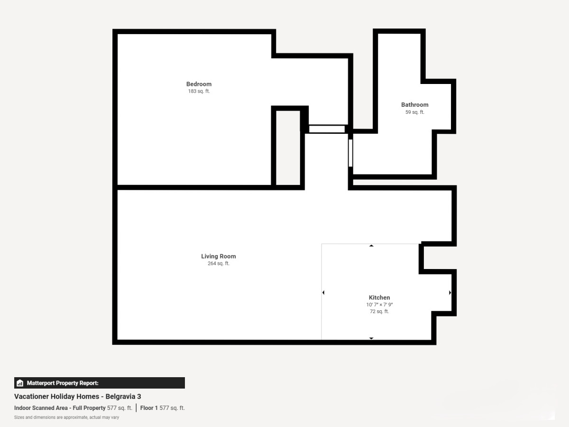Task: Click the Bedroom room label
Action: pyautogui.click(x=199, y=84)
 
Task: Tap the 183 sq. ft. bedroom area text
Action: pyautogui.click(x=199, y=91)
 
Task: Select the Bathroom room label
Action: pyautogui.click(x=415, y=105)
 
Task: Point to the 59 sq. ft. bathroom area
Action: pyautogui.click(x=415, y=112)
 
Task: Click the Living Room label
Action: pyautogui.click(x=219, y=256)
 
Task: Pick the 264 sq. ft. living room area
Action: pyautogui.click(x=219, y=263)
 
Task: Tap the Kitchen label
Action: pyautogui.click(x=379, y=297)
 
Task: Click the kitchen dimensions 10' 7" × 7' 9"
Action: pyautogui.click(x=379, y=305)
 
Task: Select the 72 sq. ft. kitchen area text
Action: pyautogui.click(x=379, y=311)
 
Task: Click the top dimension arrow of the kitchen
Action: pyautogui.click(x=371, y=245)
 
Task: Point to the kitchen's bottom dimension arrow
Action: pyautogui.click(x=371, y=338)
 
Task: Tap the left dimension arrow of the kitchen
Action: pyautogui.click(x=323, y=292)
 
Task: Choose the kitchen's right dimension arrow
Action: pyautogui.click(x=450, y=292)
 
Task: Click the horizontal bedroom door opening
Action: pyautogui.click(x=327, y=129)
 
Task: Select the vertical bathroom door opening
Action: pyautogui.click(x=350, y=153)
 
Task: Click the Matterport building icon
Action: pyautogui.click(x=20, y=383)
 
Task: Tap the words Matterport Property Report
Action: pyautogui.click(x=63, y=383)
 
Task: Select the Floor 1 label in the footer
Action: pyautogui.click(x=149, y=408)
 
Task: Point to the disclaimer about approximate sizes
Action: pyautogui.click(x=66, y=418)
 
